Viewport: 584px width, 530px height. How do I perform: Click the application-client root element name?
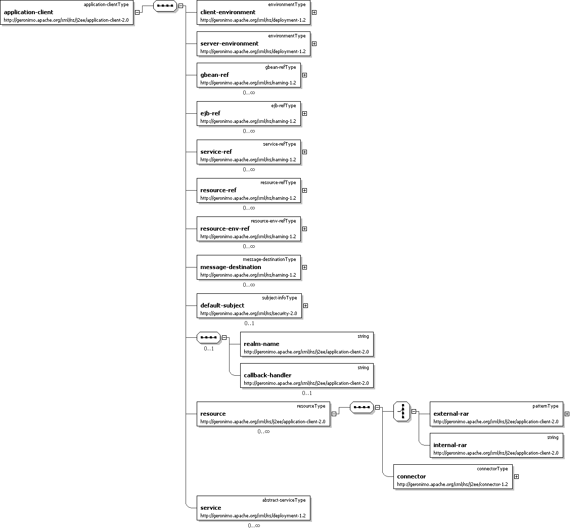28,12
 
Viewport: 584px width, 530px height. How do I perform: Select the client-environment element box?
253,13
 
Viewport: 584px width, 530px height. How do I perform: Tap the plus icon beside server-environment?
314,43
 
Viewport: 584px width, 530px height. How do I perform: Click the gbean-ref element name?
214,75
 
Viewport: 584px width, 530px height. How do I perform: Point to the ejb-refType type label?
283,106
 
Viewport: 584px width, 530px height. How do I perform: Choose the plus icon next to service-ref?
304,152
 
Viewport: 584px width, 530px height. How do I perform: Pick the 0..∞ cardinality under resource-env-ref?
249,246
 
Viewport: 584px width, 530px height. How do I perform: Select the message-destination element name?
231,267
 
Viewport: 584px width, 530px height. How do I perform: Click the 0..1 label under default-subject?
249,323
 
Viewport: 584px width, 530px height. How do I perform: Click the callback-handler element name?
267,375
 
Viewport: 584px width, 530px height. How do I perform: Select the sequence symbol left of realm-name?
208,337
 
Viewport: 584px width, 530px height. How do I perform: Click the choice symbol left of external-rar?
402,412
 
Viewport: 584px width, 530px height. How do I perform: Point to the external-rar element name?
451,414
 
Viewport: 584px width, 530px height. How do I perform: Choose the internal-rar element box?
496,445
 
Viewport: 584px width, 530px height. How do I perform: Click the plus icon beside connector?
516,476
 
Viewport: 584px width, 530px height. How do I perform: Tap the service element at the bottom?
211,508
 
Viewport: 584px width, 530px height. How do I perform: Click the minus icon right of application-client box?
137,12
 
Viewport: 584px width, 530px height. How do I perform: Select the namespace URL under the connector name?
452,484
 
